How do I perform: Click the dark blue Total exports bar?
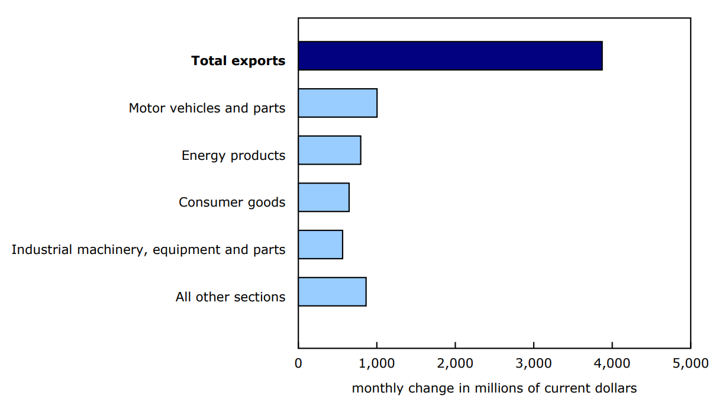450,56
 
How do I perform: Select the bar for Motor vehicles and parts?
337,103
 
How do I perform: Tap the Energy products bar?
329,150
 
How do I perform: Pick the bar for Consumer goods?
323,197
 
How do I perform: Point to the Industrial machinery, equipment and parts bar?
320,245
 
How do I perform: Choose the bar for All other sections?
331,291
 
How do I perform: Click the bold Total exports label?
238,60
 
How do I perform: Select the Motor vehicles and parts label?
207,108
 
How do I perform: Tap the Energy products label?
233,156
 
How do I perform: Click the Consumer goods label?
232,202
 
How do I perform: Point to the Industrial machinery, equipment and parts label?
149,250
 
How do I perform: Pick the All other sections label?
230,297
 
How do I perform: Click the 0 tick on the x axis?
298,363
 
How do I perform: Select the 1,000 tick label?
376,363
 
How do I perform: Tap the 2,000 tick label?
455,363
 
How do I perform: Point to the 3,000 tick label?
533,363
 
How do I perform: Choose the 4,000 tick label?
612,363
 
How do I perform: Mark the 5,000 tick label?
690,363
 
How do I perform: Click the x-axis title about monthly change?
494,388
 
